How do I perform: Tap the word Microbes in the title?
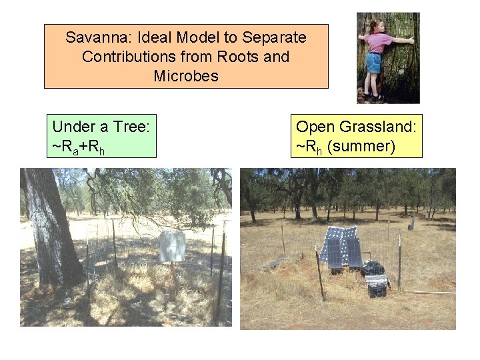tap(186, 76)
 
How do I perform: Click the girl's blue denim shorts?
tap(373, 63)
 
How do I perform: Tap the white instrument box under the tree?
tap(171, 247)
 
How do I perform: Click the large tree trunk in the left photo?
tap(50, 227)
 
